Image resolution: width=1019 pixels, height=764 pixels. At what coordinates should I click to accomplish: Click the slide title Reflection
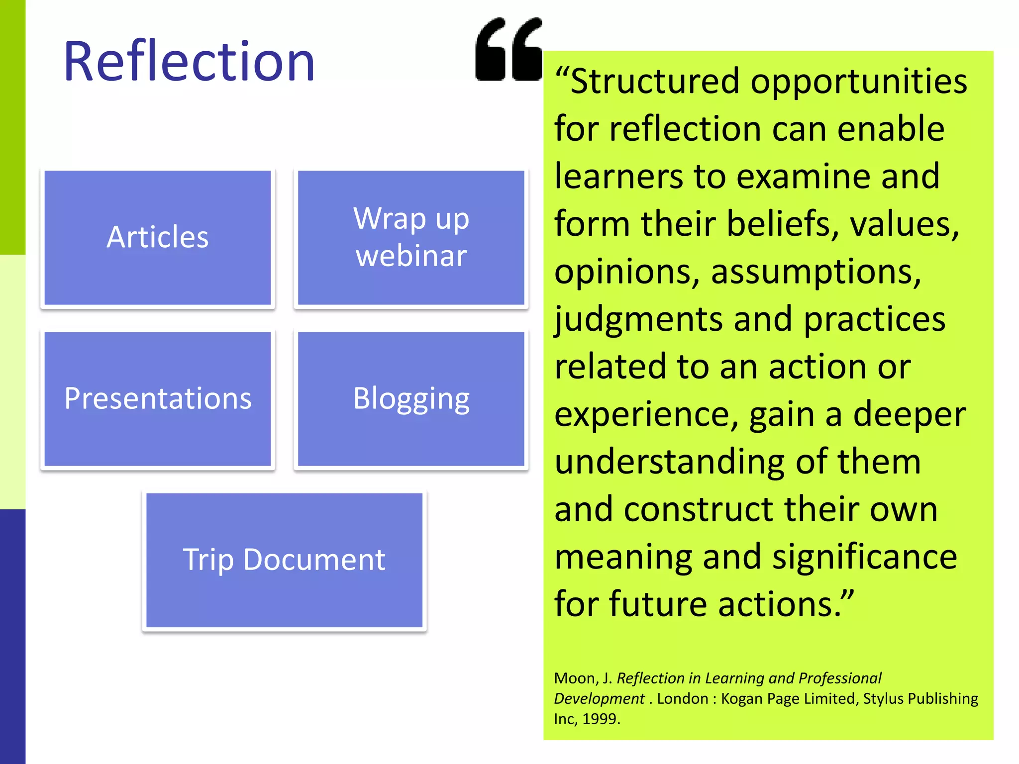click(189, 62)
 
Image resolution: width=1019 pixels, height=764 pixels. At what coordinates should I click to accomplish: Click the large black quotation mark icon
click(509, 50)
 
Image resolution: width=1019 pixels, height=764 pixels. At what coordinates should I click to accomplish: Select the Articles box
click(158, 237)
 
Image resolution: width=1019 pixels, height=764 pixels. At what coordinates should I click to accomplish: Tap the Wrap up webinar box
click(411, 237)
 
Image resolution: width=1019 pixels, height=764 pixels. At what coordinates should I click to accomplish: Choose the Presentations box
click(158, 398)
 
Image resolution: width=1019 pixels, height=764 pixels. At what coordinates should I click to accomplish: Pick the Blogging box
click(411, 398)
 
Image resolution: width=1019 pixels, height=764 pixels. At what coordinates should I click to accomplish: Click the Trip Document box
click(284, 560)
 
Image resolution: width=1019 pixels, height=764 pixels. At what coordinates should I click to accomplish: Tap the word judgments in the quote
click(638, 319)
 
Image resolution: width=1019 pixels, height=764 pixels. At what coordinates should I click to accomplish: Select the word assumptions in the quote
click(816, 272)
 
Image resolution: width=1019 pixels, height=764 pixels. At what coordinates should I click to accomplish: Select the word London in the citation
click(682, 699)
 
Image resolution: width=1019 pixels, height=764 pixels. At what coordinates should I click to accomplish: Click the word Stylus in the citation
click(883, 699)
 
